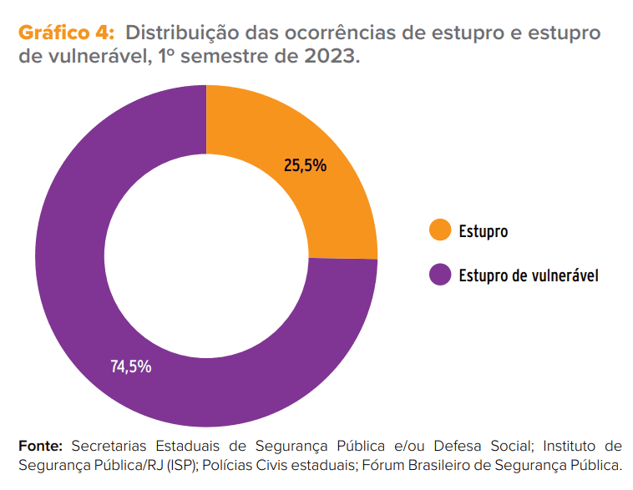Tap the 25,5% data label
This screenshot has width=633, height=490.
(305, 165)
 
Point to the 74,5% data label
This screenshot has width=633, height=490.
(131, 366)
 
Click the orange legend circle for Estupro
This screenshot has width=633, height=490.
(439, 230)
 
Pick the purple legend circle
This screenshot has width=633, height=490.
(439, 275)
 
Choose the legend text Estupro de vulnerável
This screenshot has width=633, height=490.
(528, 275)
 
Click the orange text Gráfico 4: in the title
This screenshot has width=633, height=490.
(66, 34)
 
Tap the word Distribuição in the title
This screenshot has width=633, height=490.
(180, 34)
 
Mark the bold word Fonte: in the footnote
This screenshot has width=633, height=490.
(40, 444)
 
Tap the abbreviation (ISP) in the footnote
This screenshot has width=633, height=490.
(183, 463)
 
